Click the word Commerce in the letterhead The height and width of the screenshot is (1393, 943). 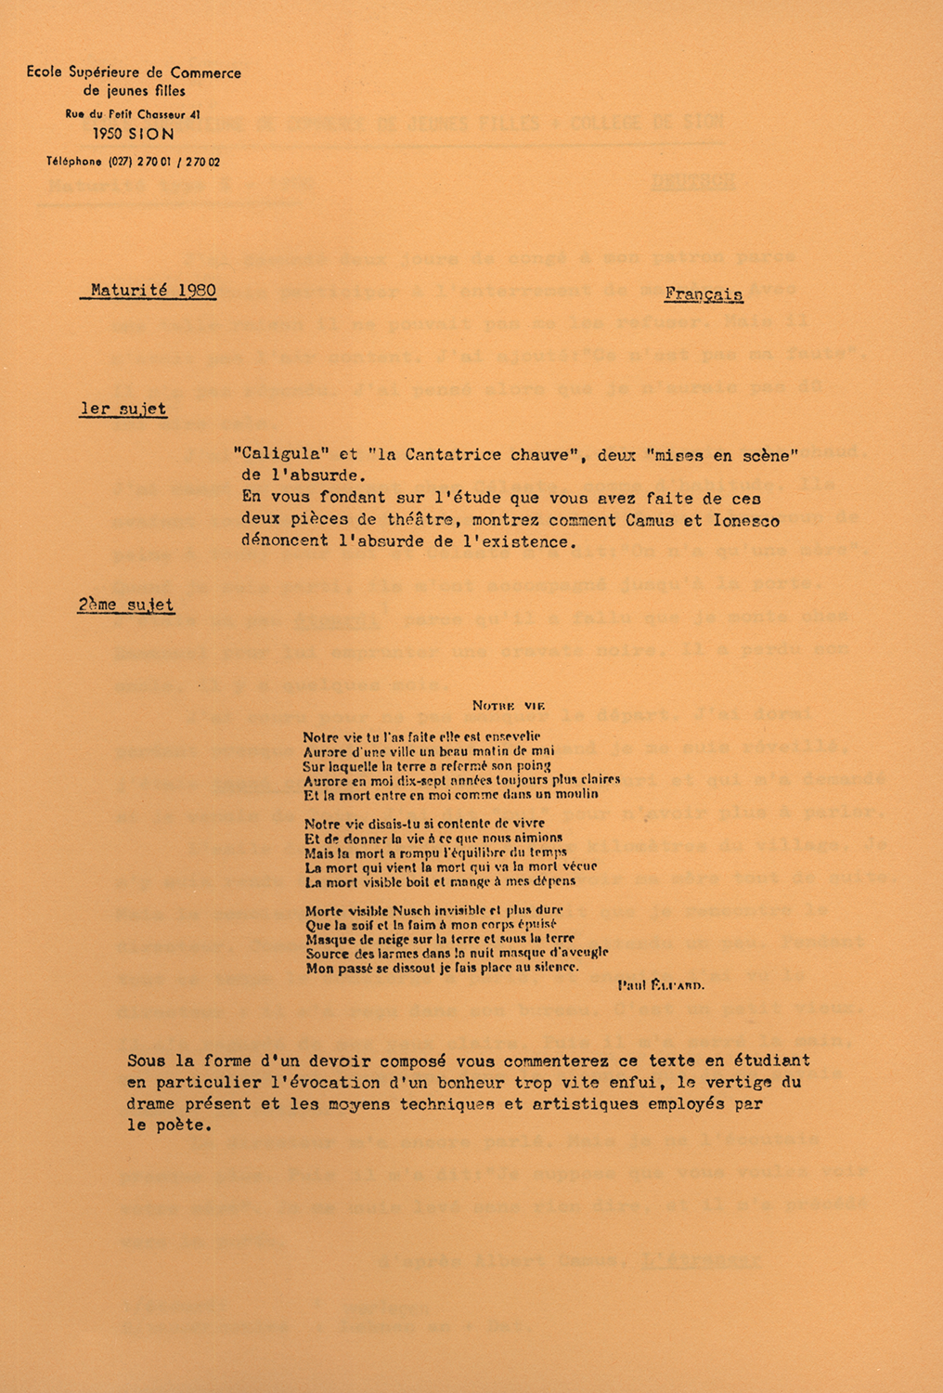[x=205, y=72]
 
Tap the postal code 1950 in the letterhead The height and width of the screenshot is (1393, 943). [x=108, y=134]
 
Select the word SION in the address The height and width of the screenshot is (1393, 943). [x=151, y=134]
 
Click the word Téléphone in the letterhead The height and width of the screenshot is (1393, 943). [x=74, y=162]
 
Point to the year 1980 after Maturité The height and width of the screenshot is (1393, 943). [x=197, y=290]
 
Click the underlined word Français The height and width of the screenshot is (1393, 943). [x=704, y=294]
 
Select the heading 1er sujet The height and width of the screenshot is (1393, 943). [x=123, y=409]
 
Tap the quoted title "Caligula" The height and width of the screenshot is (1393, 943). [x=276, y=455]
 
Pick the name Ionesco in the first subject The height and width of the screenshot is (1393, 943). [x=744, y=521]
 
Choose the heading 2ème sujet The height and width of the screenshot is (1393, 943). [x=125, y=605]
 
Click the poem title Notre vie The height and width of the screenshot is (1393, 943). [x=508, y=706]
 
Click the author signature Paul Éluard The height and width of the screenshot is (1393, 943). [x=661, y=985]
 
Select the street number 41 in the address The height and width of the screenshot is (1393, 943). [x=194, y=114]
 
